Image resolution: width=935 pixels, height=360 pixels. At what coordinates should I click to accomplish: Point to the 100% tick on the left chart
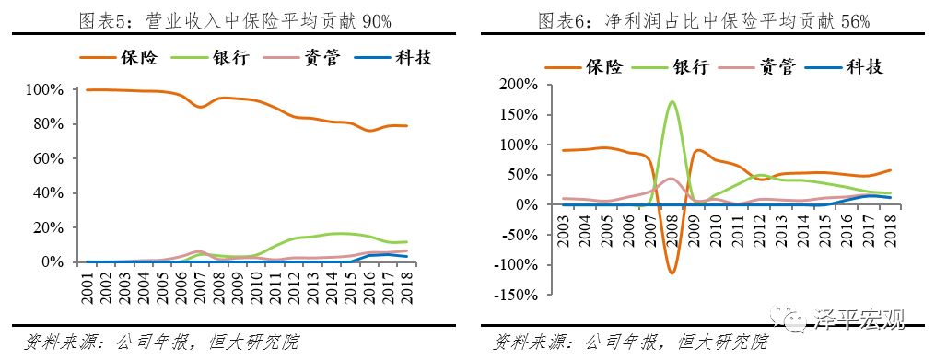coord(44,90)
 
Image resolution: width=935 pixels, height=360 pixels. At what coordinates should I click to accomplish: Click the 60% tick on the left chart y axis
coord(47,159)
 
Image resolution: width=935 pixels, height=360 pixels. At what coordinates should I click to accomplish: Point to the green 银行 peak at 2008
coord(672,102)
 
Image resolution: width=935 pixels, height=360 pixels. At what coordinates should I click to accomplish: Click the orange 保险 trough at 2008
coord(672,273)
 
